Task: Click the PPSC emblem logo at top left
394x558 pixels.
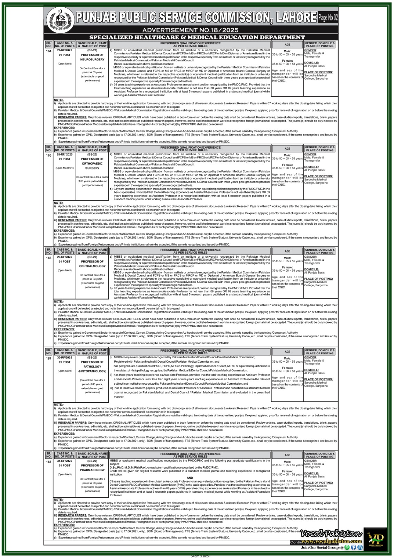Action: point(60,20)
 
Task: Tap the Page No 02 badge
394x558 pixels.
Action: point(328,17)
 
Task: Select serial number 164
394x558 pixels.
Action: point(49,51)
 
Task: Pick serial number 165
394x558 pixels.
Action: point(49,155)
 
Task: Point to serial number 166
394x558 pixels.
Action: point(49,258)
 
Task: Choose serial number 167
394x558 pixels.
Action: point(49,358)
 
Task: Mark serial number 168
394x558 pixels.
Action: point(49,462)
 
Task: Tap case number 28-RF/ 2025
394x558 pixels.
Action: point(64,154)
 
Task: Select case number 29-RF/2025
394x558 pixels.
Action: point(64,257)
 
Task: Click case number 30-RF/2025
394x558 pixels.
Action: point(64,357)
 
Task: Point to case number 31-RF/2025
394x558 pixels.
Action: point(64,461)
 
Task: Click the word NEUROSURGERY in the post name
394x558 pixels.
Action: point(92,60)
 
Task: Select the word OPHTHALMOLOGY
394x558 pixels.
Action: point(92,266)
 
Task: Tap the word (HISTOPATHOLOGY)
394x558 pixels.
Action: point(92,371)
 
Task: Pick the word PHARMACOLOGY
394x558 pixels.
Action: point(92,470)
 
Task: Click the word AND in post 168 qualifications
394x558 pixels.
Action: point(190,478)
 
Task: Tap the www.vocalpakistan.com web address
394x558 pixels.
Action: point(332,541)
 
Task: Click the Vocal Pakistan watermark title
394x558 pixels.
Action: point(332,534)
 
